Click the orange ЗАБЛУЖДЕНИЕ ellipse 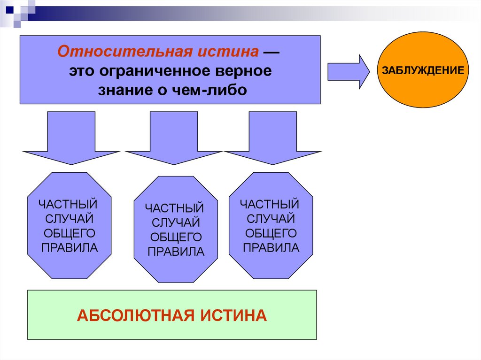click(423, 70)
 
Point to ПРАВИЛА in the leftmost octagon click(70, 247)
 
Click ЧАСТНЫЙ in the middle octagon click(174, 207)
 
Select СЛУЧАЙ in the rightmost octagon click(271, 218)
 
